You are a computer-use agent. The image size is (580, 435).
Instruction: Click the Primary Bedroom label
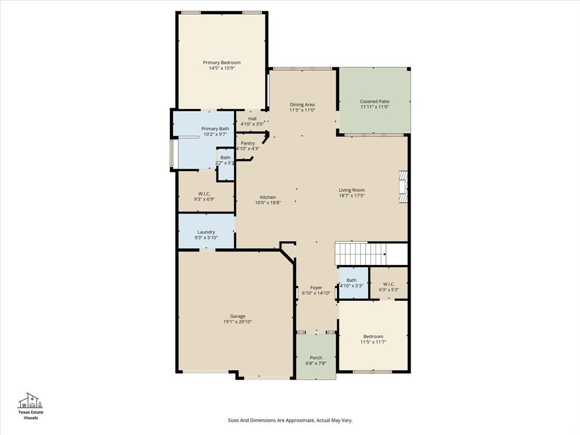click(x=221, y=62)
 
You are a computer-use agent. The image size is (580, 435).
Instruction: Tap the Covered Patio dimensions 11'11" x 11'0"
click(x=374, y=107)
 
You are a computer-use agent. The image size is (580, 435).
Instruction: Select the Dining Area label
click(x=302, y=104)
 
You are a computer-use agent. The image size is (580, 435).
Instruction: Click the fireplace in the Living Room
click(x=403, y=187)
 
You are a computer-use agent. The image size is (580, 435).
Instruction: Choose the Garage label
click(x=237, y=316)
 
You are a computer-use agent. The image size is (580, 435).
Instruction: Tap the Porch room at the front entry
click(x=315, y=357)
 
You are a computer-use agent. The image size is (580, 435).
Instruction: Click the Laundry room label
click(x=206, y=232)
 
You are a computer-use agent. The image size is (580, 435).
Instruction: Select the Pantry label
click(x=248, y=143)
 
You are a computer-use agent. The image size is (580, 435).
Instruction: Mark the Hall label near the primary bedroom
click(x=252, y=118)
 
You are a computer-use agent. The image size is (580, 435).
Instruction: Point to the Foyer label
click(x=316, y=287)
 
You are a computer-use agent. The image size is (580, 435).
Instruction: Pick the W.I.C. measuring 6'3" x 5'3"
click(x=389, y=284)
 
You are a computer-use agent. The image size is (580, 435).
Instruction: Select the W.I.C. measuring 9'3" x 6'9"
click(x=204, y=194)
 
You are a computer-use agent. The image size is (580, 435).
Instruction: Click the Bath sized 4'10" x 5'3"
click(x=351, y=280)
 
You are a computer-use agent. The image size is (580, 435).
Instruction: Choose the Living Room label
click(x=352, y=190)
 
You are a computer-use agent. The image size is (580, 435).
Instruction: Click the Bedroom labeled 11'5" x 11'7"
click(x=373, y=336)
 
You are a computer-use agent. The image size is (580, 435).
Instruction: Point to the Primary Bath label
click(x=215, y=129)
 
